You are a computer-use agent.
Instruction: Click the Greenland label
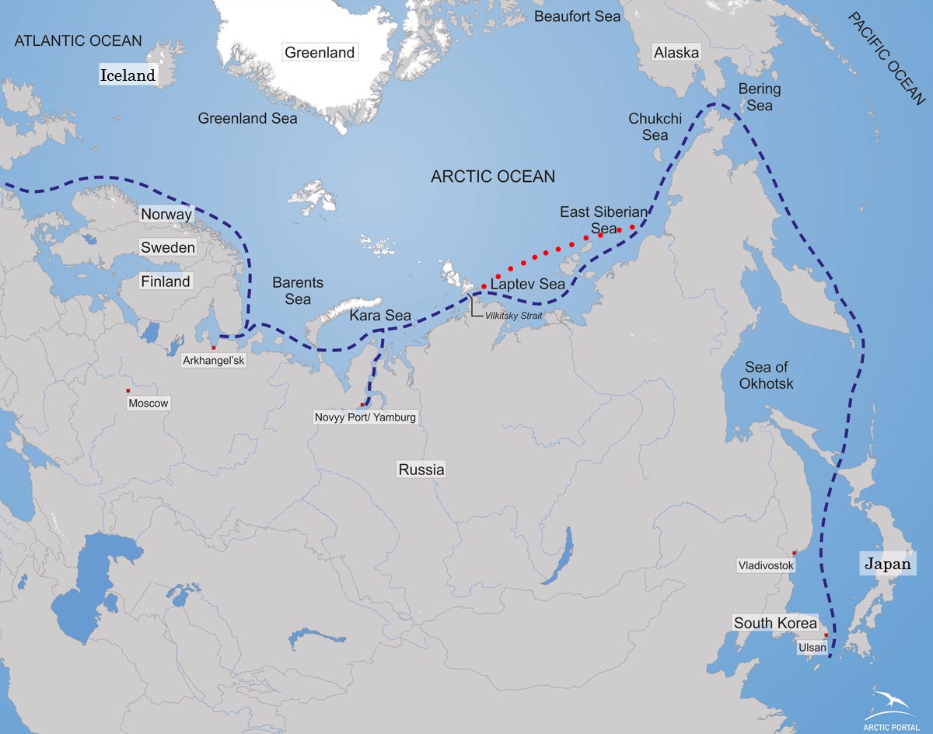click(320, 53)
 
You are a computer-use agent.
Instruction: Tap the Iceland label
click(128, 75)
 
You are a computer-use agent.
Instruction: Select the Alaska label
click(676, 53)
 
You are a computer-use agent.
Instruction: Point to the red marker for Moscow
click(128, 390)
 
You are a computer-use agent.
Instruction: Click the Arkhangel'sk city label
click(213, 361)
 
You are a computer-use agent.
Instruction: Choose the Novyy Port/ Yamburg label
click(365, 418)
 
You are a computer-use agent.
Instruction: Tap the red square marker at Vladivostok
click(794, 553)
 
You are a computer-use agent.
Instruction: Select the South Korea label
click(776, 623)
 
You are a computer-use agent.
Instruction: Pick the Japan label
click(888, 564)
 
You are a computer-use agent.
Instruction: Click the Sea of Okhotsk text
click(769, 376)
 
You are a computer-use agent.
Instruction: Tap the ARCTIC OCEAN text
click(493, 177)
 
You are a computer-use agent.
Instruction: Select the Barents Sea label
click(298, 291)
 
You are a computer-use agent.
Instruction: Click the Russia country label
click(421, 470)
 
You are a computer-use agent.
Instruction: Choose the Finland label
click(166, 281)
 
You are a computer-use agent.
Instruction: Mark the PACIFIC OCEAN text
click(887, 58)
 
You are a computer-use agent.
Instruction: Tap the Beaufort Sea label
click(577, 16)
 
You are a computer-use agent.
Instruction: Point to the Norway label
click(166, 214)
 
